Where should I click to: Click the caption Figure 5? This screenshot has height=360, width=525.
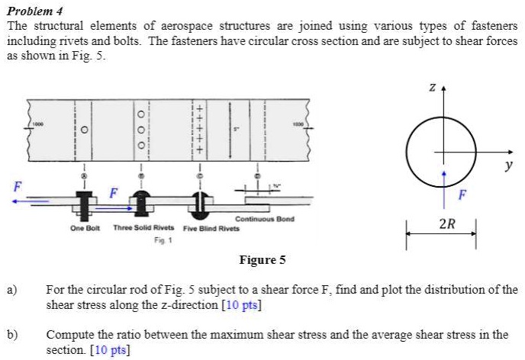click(262, 260)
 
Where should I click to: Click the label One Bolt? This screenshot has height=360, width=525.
click(85, 227)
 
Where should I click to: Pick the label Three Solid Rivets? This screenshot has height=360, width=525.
click(143, 227)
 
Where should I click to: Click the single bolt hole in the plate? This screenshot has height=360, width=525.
click(84, 129)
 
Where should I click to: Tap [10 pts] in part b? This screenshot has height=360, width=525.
click(110, 350)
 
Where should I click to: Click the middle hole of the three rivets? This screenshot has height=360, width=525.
click(140, 128)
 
